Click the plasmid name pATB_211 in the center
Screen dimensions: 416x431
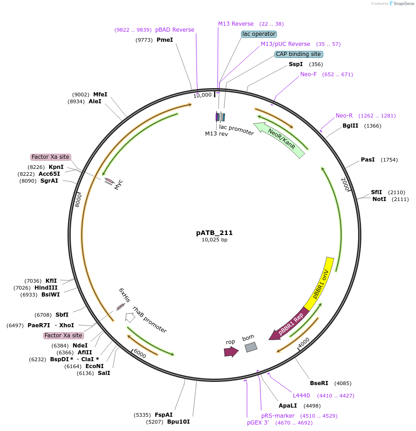click(214, 233)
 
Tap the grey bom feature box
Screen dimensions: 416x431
click(251, 347)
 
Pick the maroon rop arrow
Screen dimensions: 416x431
click(231, 352)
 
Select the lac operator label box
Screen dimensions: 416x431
click(259, 34)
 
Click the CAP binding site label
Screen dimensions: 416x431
click(298, 54)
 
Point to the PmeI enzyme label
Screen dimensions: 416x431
click(165, 40)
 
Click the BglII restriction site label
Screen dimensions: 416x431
click(350, 126)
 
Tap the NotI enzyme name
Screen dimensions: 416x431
click(379, 199)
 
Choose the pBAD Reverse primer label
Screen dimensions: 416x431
click(174, 30)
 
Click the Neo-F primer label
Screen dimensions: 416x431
click(308, 74)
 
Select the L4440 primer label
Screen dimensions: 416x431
click(301, 396)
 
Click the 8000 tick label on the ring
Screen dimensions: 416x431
click(79, 200)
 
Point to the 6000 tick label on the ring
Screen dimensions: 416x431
click(140, 354)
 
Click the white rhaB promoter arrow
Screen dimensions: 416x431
click(130, 318)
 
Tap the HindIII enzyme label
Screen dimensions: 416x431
click(46, 287)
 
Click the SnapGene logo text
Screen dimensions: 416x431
click(404, 4)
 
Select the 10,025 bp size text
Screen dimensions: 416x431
click(214, 240)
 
